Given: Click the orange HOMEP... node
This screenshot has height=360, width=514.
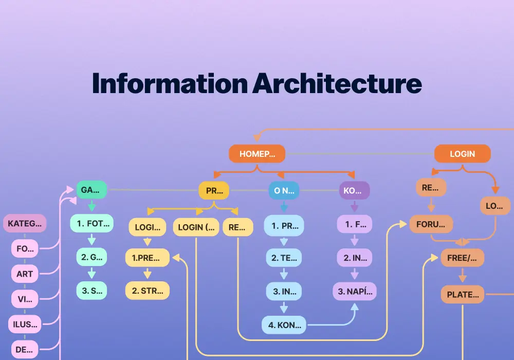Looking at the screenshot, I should tap(257, 153).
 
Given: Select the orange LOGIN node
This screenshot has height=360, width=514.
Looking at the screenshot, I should tap(462, 153).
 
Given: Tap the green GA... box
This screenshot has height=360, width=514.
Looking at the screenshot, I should tap(91, 190).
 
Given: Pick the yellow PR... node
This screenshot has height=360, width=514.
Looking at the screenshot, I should tap(214, 190).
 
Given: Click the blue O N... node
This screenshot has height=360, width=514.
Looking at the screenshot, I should tap(283, 190).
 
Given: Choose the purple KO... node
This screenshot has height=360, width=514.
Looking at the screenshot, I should tap(354, 190).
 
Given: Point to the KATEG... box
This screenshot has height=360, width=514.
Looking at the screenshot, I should tap(25, 224).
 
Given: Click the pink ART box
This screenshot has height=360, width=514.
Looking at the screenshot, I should tap(25, 274).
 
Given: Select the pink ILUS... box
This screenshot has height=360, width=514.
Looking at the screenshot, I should tap(25, 324).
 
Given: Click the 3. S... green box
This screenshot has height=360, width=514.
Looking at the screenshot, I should tap(92, 291).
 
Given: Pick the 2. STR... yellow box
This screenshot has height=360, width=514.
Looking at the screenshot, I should tap(148, 291).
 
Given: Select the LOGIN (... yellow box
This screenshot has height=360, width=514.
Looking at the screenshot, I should tap(196, 227).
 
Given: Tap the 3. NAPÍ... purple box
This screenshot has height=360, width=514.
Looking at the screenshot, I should tap(354, 291).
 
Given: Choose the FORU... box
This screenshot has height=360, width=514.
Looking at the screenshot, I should tap(431, 224).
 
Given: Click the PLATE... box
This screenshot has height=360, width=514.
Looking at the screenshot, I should tap(463, 295).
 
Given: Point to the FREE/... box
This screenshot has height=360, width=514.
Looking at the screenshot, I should tap(462, 258).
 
